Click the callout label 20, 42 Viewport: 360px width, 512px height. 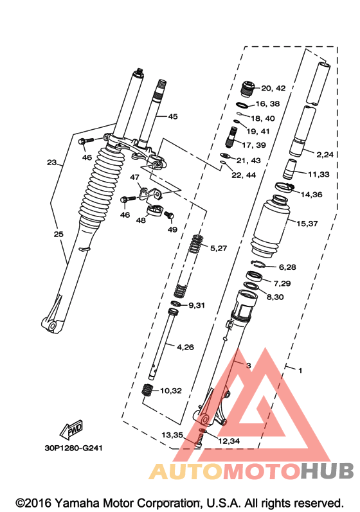tap(273, 88)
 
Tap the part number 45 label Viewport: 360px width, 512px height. tap(173, 116)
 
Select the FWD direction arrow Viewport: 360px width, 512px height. tap(71, 429)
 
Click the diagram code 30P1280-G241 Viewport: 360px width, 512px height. tap(73, 448)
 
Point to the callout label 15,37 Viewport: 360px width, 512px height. tap(307, 224)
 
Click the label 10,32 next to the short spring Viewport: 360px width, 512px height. tap(171, 391)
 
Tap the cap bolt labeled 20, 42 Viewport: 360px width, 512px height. tap(248, 89)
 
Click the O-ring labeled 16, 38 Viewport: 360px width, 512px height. tap(242, 105)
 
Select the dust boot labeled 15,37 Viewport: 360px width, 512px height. tap(270, 225)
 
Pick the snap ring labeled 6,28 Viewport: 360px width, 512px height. tap(260, 264)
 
